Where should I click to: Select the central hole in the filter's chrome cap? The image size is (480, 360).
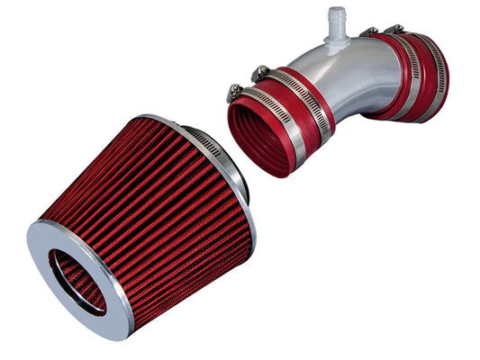[x=77, y=279]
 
